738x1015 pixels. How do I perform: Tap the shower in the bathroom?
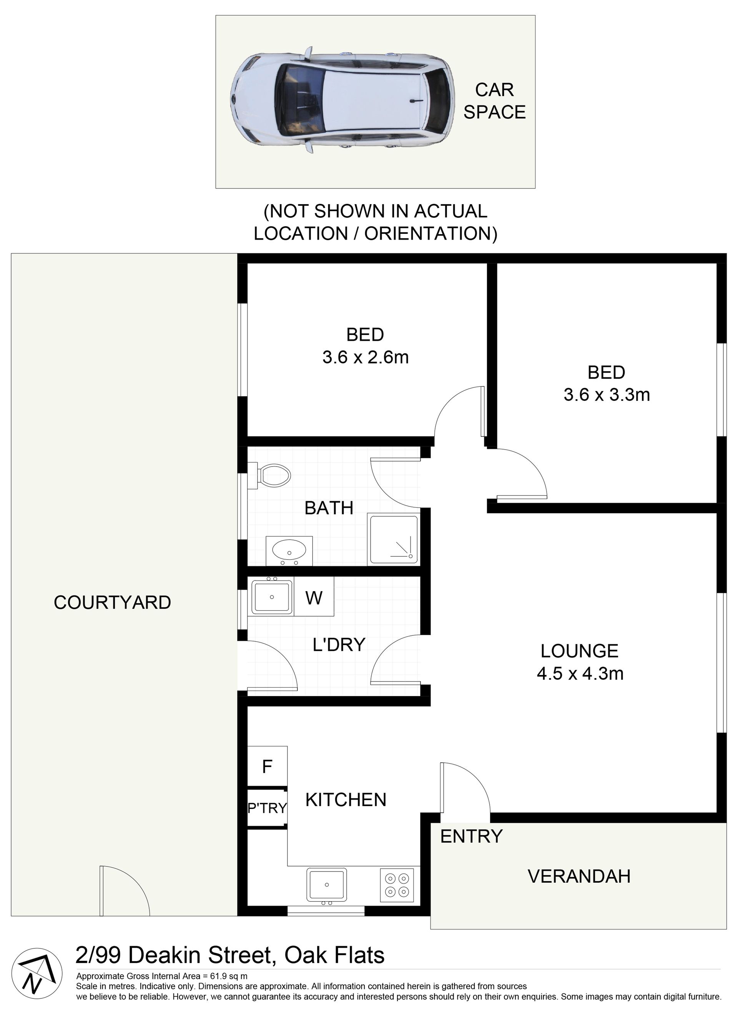(x=394, y=539)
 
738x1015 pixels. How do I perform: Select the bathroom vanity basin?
(x=289, y=550)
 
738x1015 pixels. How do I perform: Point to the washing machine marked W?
(x=314, y=597)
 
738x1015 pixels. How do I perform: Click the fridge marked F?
(x=267, y=767)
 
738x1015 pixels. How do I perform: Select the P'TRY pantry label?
(x=267, y=808)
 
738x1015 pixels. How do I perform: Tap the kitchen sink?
(x=326, y=885)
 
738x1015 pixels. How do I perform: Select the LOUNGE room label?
(x=579, y=651)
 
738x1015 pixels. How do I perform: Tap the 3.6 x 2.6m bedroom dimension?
(x=366, y=357)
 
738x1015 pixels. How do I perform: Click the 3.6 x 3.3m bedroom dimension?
(x=607, y=395)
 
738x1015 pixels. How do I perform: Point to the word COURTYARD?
(x=112, y=602)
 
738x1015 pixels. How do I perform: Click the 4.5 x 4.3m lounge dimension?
(x=580, y=673)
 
